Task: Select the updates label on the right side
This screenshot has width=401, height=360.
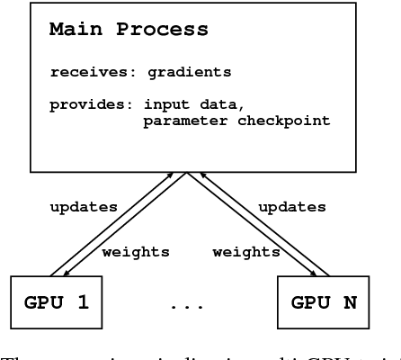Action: (x=292, y=207)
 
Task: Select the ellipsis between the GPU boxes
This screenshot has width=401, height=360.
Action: (x=187, y=306)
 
